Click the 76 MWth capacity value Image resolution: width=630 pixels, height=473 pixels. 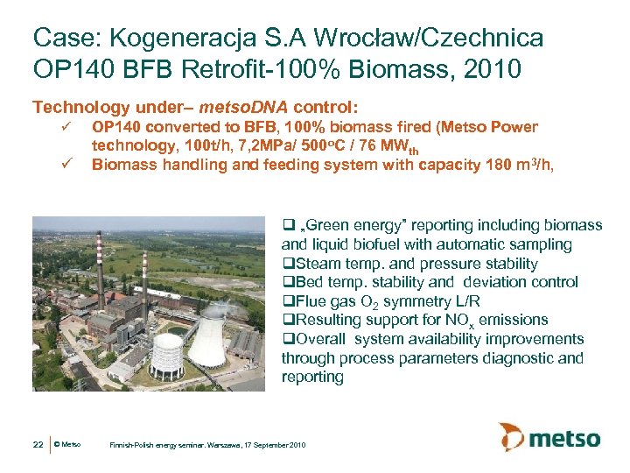pyautogui.click(x=388, y=146)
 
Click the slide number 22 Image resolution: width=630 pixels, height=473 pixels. pyautogui.click(x=38, y=445)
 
